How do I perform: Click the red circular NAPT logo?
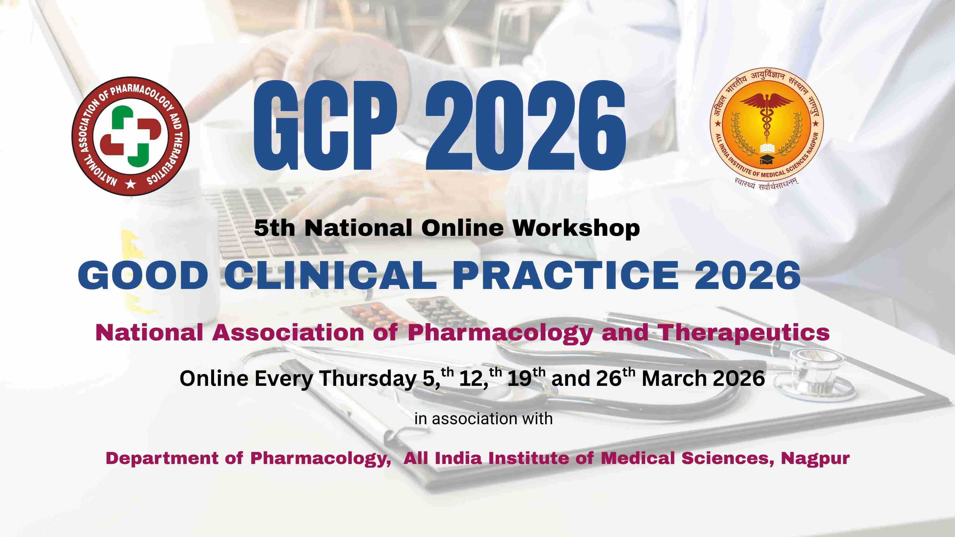pos(130,136)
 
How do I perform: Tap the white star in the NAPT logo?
pos(130,184)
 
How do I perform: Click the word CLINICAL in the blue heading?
pos(331,275)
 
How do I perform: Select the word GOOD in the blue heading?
pos(143,275)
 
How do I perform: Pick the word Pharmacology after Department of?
pos(321,458)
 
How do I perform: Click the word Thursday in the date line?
pos(368,379)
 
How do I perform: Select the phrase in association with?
pos(483,419)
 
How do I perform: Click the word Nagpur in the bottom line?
pos(815,458)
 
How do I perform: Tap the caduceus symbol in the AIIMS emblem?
pos(766,115)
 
